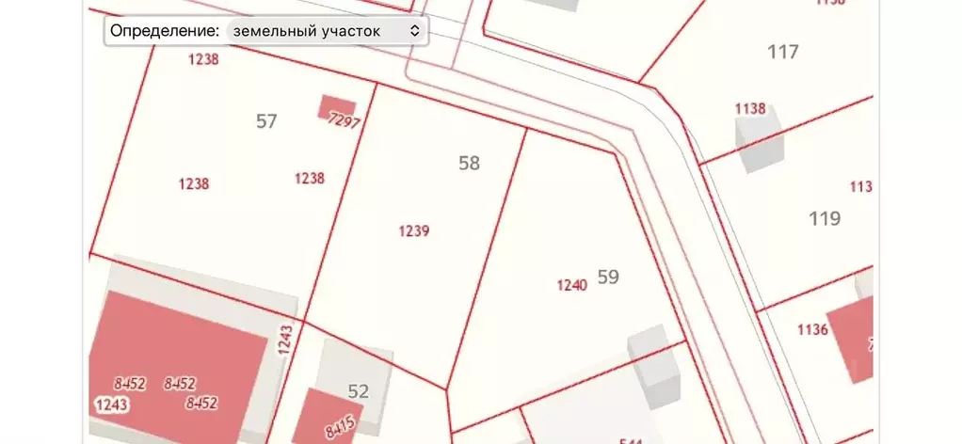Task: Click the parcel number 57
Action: (266, 121)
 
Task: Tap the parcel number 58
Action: (469, 164)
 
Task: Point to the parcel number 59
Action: (608, 277)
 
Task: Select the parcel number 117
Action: (783, 52)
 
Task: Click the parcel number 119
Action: (825, 219)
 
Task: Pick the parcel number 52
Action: (359, 392)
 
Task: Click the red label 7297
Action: (345, 121)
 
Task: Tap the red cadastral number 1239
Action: (414, 230)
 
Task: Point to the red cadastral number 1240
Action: (572, 285)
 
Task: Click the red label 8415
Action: (340, 428)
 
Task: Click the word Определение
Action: (165, 31)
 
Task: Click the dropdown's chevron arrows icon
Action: (415, 31)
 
